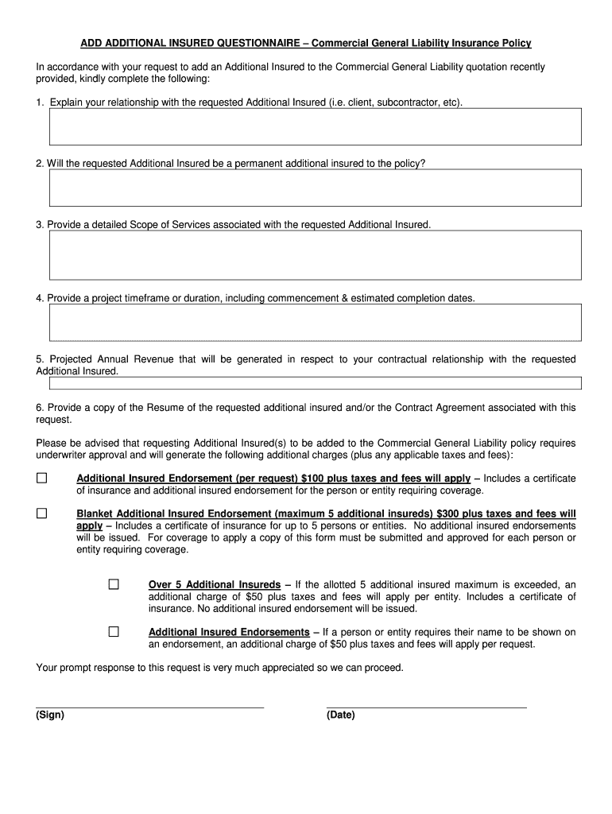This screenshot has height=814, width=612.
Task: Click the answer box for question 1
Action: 316,127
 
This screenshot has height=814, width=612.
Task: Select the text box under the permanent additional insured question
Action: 316,188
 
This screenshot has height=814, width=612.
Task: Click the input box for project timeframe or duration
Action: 316,322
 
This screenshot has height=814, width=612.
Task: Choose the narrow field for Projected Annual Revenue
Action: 316,383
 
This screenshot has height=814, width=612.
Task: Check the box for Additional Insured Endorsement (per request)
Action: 41,479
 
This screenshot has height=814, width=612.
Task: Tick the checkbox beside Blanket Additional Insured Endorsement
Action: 41,514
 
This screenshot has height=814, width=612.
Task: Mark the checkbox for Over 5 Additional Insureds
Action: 114,585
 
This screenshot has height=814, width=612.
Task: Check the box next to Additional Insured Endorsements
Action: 114,632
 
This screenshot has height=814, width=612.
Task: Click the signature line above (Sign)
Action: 149,706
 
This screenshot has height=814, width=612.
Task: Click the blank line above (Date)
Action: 426,706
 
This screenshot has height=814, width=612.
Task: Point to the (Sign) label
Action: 50,715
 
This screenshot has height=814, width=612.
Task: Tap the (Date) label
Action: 341,715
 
